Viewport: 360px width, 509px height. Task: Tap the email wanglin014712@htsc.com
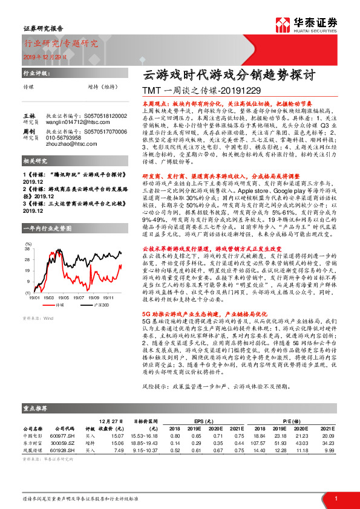(85, 120)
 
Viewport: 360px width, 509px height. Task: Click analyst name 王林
(29, 115)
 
